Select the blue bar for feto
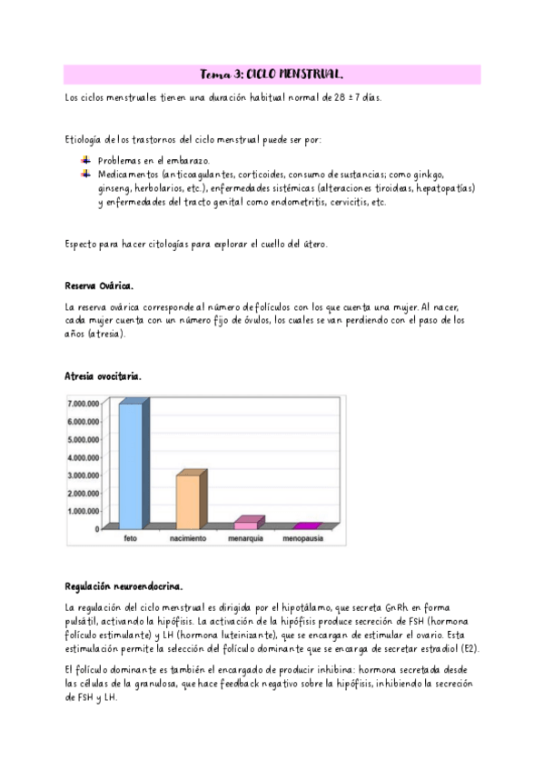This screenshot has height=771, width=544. click(x=130, y=466)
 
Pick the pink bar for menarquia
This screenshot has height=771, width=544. click(x=246, y=525)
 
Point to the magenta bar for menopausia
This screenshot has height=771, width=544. click(x=305, y=526)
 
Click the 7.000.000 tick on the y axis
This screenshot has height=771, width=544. click(x=83, y=403)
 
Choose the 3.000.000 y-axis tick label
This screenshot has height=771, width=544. click(x=83, y=475)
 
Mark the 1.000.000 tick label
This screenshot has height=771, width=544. click(x=83, y=511)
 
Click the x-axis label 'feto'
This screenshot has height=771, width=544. click(x=130, y=538)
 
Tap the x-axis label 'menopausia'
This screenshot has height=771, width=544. click(x=302, y=538)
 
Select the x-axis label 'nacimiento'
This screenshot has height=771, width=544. click(x=188, y=538)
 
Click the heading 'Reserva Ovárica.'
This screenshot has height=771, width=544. click(x=99, y=285)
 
